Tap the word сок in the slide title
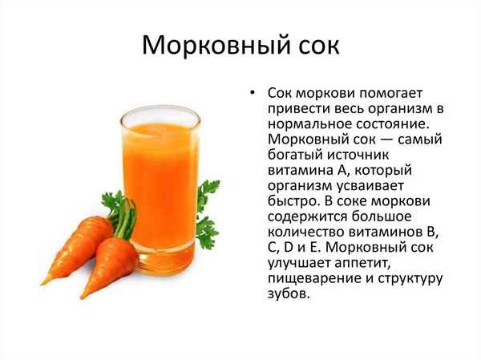tap(314, 45)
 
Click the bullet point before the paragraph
tap(253, 92)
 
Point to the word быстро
tap(294, 201)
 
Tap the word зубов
tap(287, 294)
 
